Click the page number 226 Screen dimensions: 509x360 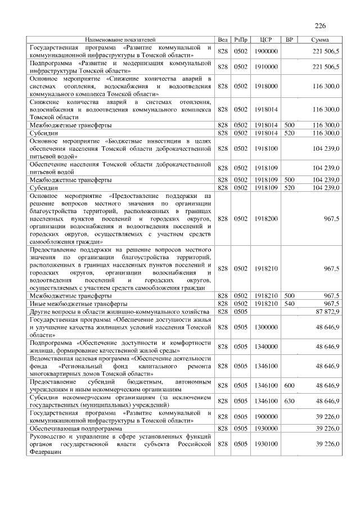[x=321, y=26]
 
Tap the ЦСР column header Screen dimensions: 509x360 [x=267, y=40]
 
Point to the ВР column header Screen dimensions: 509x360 [x=290, y=40]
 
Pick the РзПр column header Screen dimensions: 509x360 [x=241, y=40]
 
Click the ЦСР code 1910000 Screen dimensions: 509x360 [x=267, y=67]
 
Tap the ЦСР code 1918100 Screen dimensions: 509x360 [x=267, y=148]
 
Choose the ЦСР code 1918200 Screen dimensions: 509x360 [x=267, y=218]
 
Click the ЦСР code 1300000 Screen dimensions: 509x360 [x=267, y=326]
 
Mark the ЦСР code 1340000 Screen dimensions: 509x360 [x=267, y=345]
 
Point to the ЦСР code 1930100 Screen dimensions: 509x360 [x=267, y=444]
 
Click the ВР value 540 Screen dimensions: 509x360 [x=290, y=303]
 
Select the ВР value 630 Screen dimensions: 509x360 [x=290, y=401]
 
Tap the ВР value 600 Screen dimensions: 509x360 [x=290, y=385]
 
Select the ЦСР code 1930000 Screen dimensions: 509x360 [x=267, y=429]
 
